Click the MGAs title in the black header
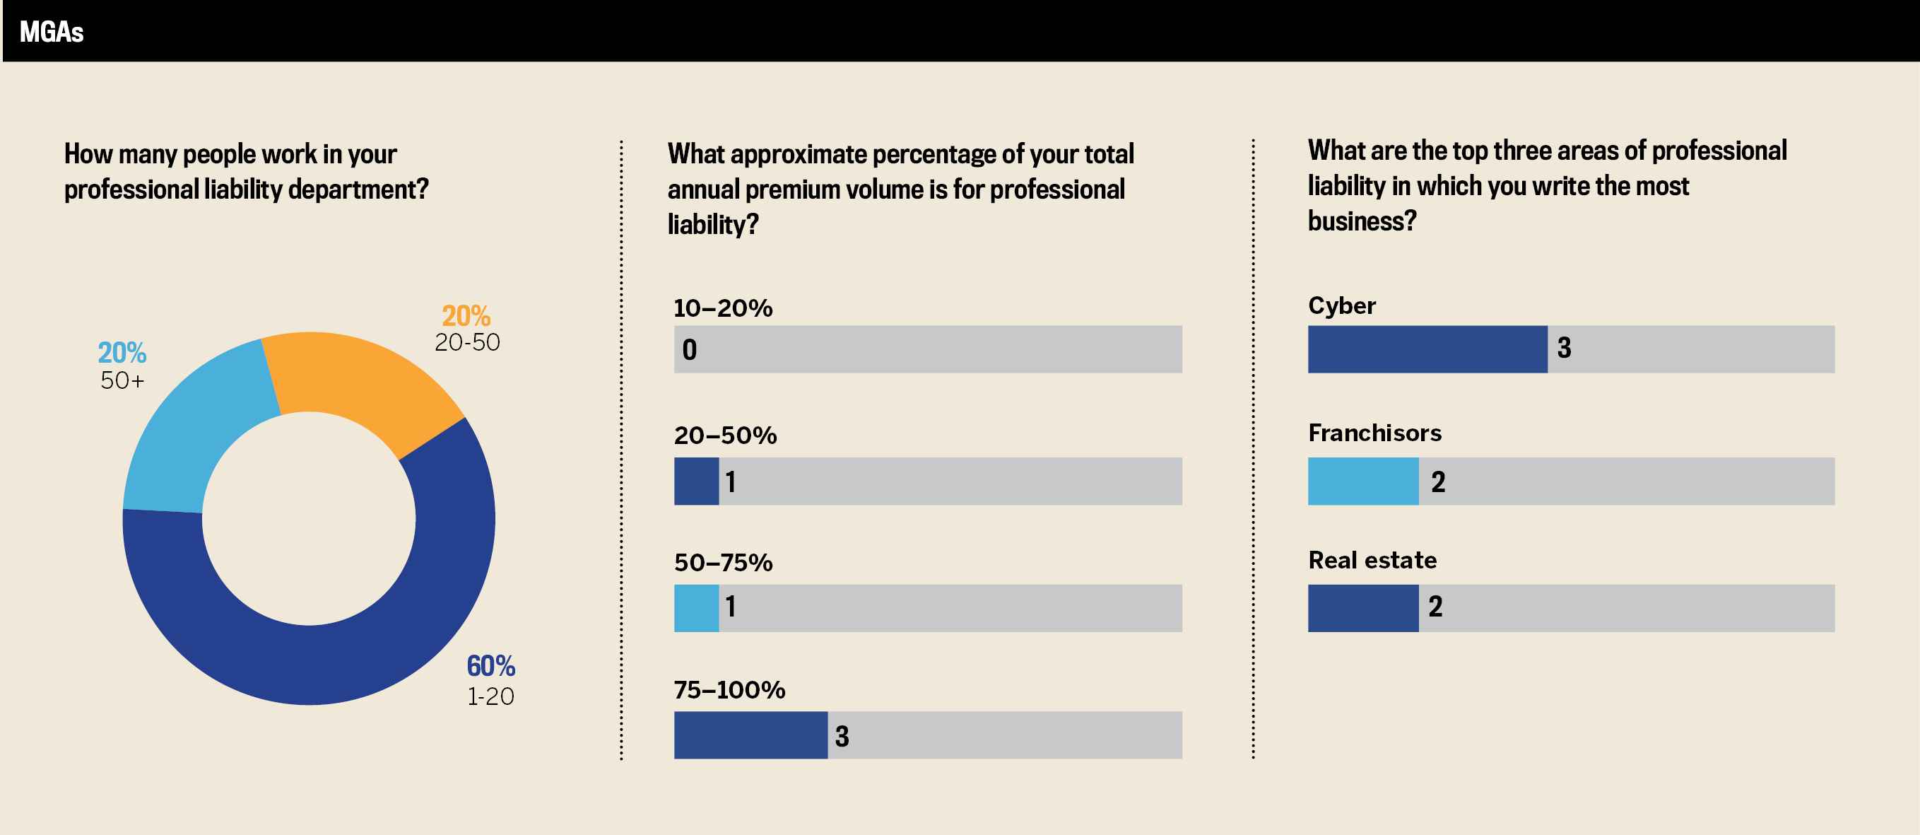52,32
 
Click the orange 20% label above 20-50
466,316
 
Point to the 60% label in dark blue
490,666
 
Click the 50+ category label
122,380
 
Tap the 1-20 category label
490,696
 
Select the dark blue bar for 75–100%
750,735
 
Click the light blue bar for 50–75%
696,608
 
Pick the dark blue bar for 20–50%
696,481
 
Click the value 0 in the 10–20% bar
690,350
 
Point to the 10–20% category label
723,308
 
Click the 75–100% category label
729,689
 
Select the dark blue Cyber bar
1427,349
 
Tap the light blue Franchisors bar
1362,481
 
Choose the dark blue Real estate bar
1362,608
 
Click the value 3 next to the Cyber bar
1564,348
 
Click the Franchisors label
1374,433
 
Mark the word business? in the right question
1362,221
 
